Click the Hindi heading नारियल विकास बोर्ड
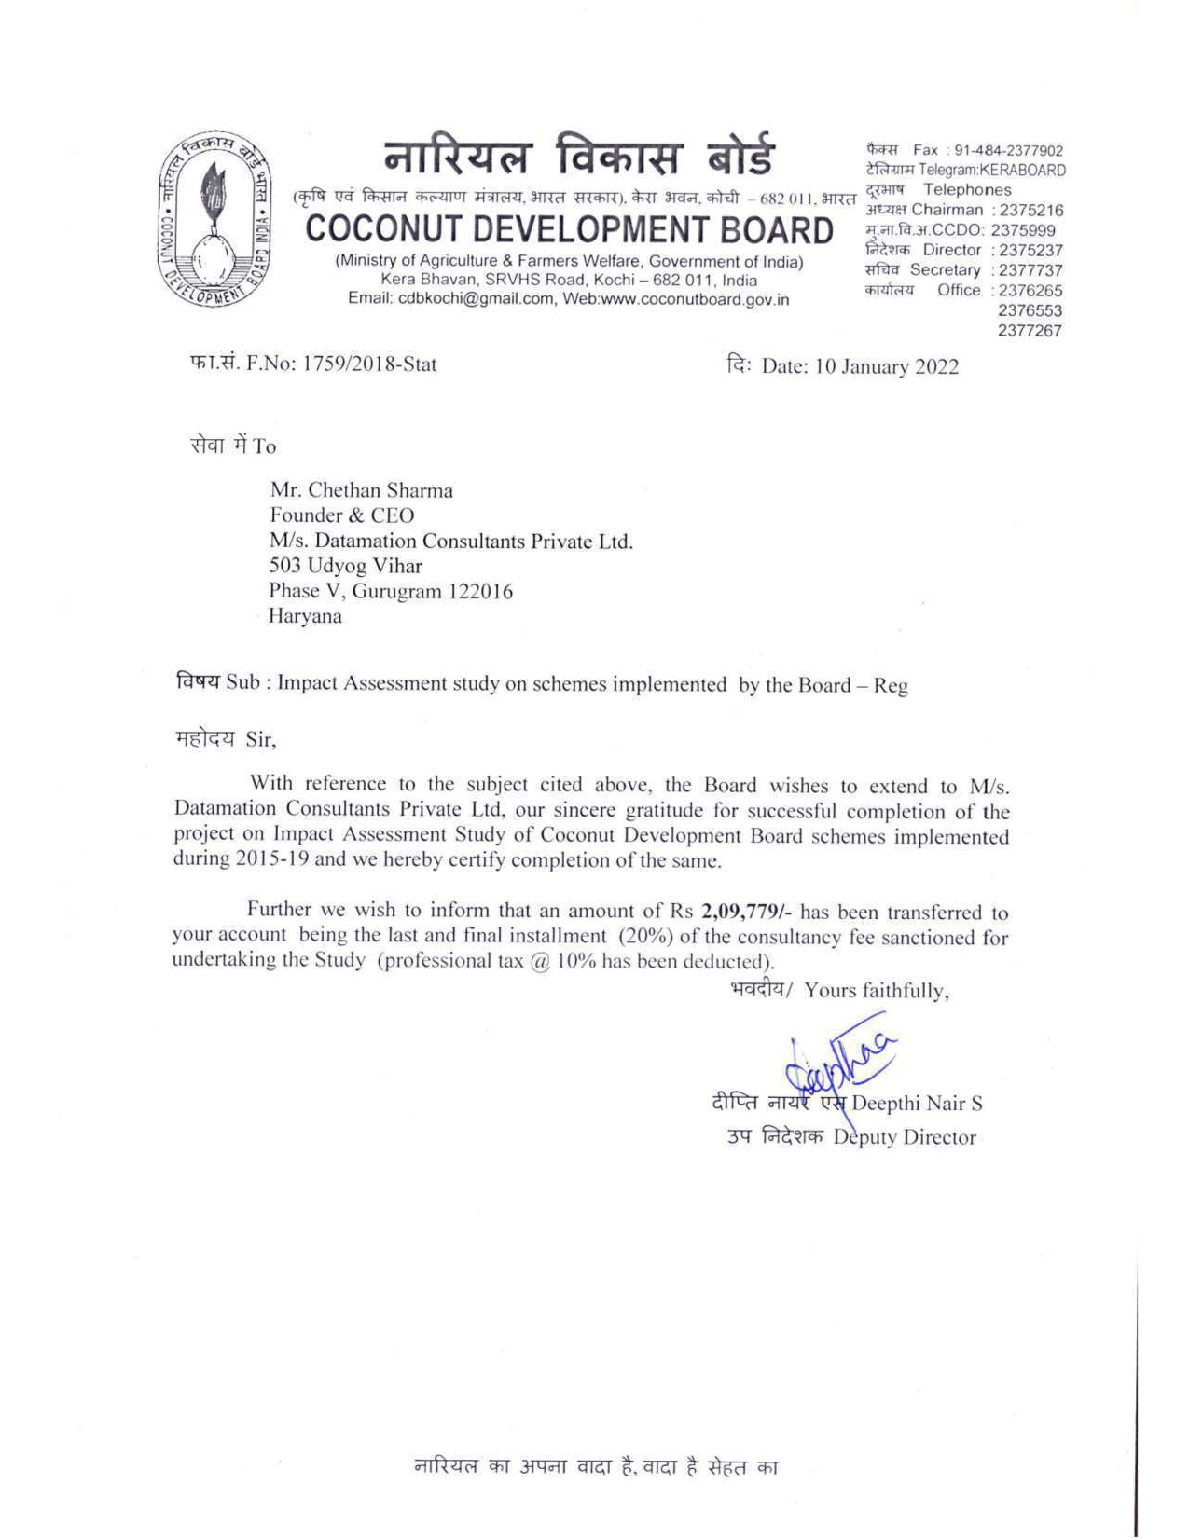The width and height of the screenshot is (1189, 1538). [x=578, y=156]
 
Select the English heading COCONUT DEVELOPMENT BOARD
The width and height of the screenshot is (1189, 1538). [x=569, y=230]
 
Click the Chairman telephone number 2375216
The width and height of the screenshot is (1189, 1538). [x=1030, y=210]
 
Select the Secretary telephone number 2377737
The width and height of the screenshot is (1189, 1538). [x=1030, y=270]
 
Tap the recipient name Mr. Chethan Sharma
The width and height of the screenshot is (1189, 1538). [x=362, y=490]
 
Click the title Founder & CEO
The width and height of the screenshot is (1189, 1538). [x=342, y=515]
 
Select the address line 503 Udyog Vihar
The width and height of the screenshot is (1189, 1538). [x=346, y=566]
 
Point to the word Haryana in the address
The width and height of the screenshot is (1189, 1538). [x=305, y=616]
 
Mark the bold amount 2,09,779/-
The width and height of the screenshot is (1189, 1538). [x=747, y=911]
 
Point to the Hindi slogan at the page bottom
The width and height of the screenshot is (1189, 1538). [x=596, y=1466]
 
